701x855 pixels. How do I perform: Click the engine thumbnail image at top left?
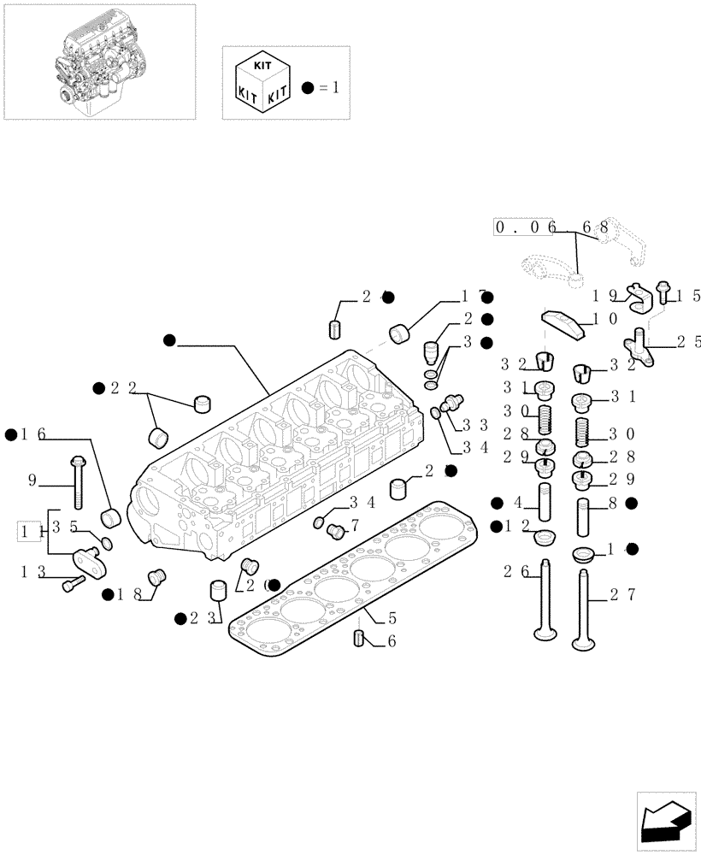click(98, 62)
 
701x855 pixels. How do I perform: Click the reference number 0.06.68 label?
click(551, 227)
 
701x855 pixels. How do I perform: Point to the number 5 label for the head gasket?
click(392, 616)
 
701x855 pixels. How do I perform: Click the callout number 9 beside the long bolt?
click(32, 481)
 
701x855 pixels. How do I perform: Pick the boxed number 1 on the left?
click(30, 532)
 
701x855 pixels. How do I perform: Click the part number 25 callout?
click(686, 341)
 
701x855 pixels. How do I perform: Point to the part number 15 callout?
click(688, 296)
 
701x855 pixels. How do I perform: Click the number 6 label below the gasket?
click(392, 640)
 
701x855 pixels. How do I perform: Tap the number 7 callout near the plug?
click(354, 523)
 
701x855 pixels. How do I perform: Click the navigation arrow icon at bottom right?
click(664, 823)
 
